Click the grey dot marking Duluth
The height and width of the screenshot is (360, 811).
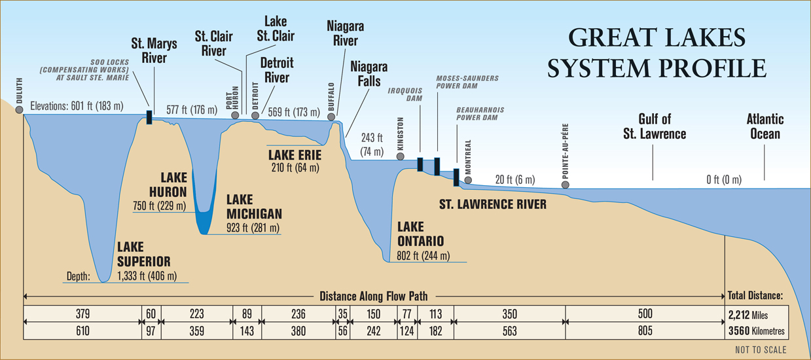pyautogui.click(x=19, y=109)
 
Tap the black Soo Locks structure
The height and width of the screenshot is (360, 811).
pyautogui.click(x=149, y=117)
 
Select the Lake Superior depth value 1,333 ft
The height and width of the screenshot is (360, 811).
pyautogui.click(x=147, y=276)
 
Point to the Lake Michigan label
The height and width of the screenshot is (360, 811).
pyautogui.click(x=254, y=207)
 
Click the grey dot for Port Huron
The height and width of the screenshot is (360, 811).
pyautogui.click(x=235, y=115)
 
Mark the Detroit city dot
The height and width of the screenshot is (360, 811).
pyautogui.click(x=255, y=116)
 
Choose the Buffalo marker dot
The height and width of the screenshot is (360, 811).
pyautogui.click(x=331, y=117)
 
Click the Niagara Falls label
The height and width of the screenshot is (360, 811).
pyautogui.click(x=369, y=74)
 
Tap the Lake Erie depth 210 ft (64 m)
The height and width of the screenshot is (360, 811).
pyautogui.click(x=295, y=168)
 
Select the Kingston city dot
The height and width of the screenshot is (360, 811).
pyautogui.click(x=401, y=156)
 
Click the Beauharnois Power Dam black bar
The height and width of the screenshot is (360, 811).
pyautogui.click(x=456, y=177)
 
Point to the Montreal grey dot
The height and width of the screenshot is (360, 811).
pyautogui.click(x=468, y=180)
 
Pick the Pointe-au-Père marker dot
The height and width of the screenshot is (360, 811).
pyautogui.click(x=565, y=185)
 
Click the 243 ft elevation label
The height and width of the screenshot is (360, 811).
pyautogui.click(x=372, y=145)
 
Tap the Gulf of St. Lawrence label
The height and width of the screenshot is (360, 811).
pyautogui.click(x=655, y=126)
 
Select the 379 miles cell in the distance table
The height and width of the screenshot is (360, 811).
pyautogui.click(x=82, y=314)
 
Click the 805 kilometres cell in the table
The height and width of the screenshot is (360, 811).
pyautogui.click(x=645, y=331)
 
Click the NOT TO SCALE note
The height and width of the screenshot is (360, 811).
pyautogui.click(x=761, y=350)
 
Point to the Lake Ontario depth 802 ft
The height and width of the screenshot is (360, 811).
pyautogui.click(x=424, y=256)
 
